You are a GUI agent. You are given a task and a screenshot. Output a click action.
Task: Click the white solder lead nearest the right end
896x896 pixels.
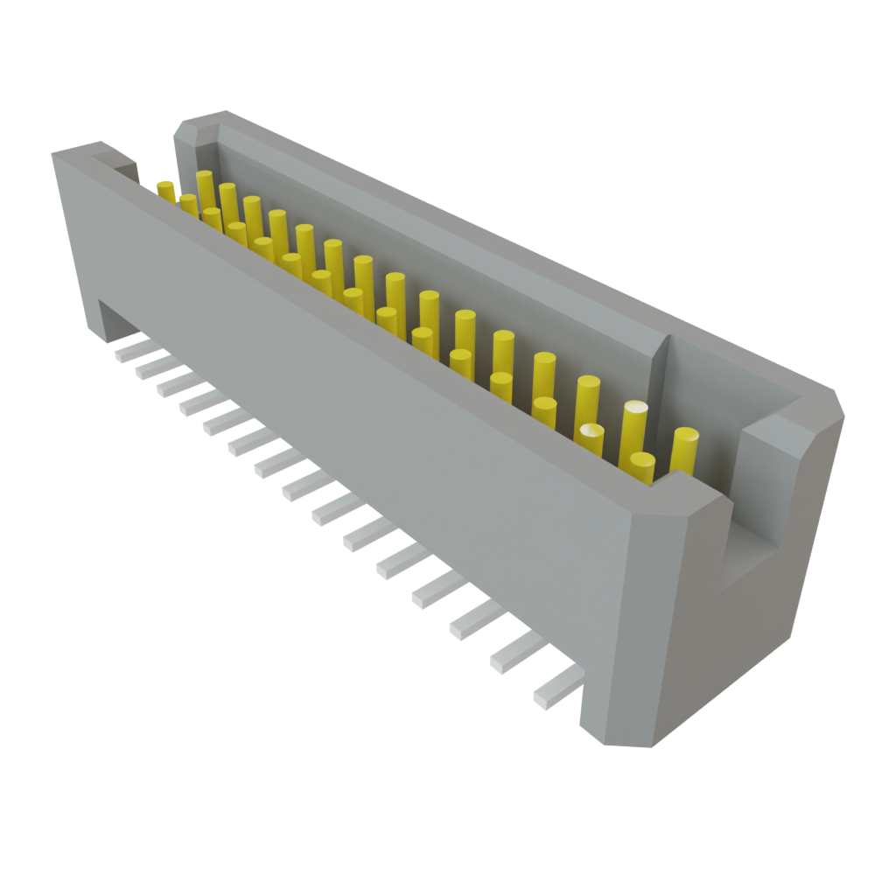[x=555, y=686]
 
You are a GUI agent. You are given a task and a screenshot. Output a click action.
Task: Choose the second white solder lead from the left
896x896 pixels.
[x=150, y=367]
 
